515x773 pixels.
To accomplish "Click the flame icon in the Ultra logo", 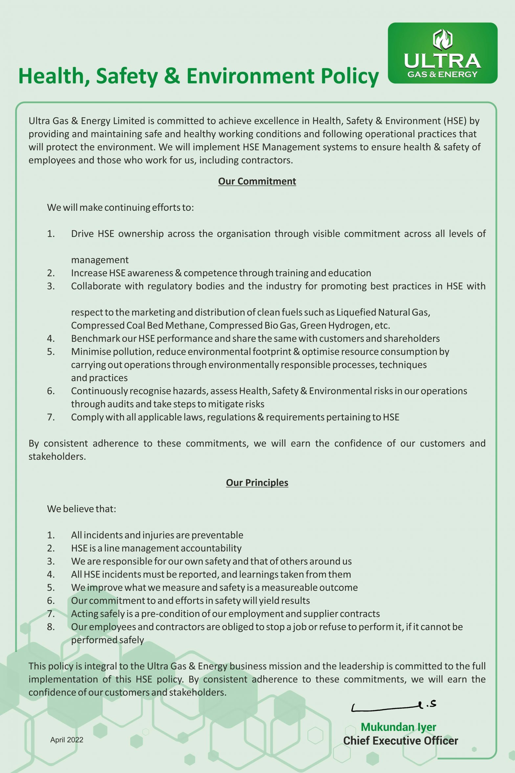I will point(442,39).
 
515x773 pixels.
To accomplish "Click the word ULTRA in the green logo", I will point(442,61).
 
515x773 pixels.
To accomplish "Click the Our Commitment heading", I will point(257,181).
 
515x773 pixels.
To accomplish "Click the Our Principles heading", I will point(257,482).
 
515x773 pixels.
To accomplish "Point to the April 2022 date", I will point(67,740).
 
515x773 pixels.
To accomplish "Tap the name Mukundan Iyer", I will point(398,727).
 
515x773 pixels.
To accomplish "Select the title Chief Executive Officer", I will point(400,741).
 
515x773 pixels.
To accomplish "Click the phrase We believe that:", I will point(81,509).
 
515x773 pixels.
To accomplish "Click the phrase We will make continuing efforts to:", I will point(120,207).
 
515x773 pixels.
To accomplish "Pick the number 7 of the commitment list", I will point(51,417).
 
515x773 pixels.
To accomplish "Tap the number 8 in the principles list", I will point(51,627).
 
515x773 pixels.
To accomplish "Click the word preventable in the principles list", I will point(217,535).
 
